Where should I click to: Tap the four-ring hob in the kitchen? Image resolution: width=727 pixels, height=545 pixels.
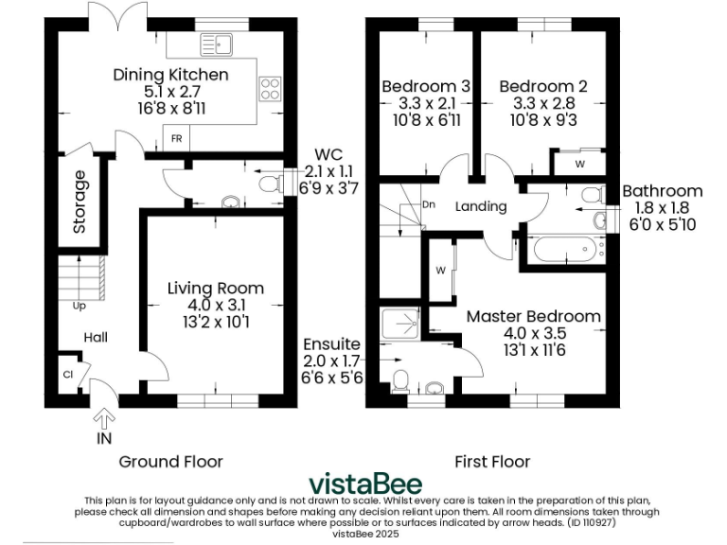[269, 88]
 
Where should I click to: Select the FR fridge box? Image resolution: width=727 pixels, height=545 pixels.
[176, 138]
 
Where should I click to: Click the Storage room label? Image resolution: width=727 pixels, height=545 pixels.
[80, 202]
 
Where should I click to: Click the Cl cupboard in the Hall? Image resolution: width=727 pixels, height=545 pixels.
[68, 373]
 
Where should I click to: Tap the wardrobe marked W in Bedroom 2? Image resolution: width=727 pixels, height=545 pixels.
[579, 163]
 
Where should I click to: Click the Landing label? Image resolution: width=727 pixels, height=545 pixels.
[481, 206]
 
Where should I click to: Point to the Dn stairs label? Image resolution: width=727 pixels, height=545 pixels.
[428, 204]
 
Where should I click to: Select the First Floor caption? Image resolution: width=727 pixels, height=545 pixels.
[492, 462]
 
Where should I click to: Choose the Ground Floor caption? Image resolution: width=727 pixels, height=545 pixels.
[170, 462]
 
